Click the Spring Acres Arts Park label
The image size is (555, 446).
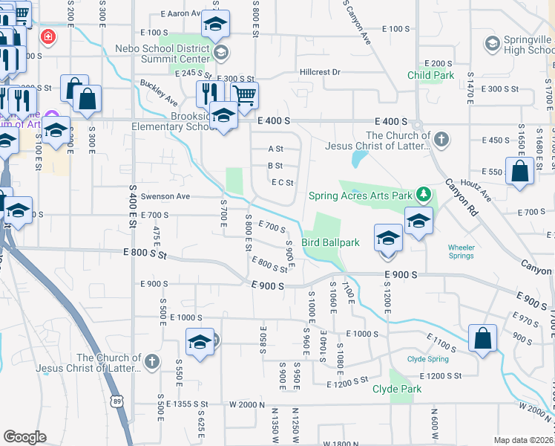[x=360, y=195]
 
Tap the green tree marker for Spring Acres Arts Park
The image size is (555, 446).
[x=424, y=195]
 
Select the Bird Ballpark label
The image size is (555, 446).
[x=332, y=243]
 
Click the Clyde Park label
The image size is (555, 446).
[x=397, y=389]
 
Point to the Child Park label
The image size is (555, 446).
[x=430, y=76]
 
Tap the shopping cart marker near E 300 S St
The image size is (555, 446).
[x=244, y=94]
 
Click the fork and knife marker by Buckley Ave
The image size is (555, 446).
[x=209, y=92]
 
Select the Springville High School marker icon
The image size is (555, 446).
[x=490, y=43]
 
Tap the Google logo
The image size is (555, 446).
[x=24, y=437]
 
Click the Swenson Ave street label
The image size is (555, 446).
[x=169, y=196]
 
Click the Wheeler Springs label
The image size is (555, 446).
[x=461, y=251]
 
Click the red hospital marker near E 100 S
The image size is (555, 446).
[x=48, y=35]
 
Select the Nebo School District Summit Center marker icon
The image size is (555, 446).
[x=220, y=52]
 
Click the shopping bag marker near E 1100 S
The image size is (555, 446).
[x=482, y=337]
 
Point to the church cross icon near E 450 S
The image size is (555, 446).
[x=441, y=140]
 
